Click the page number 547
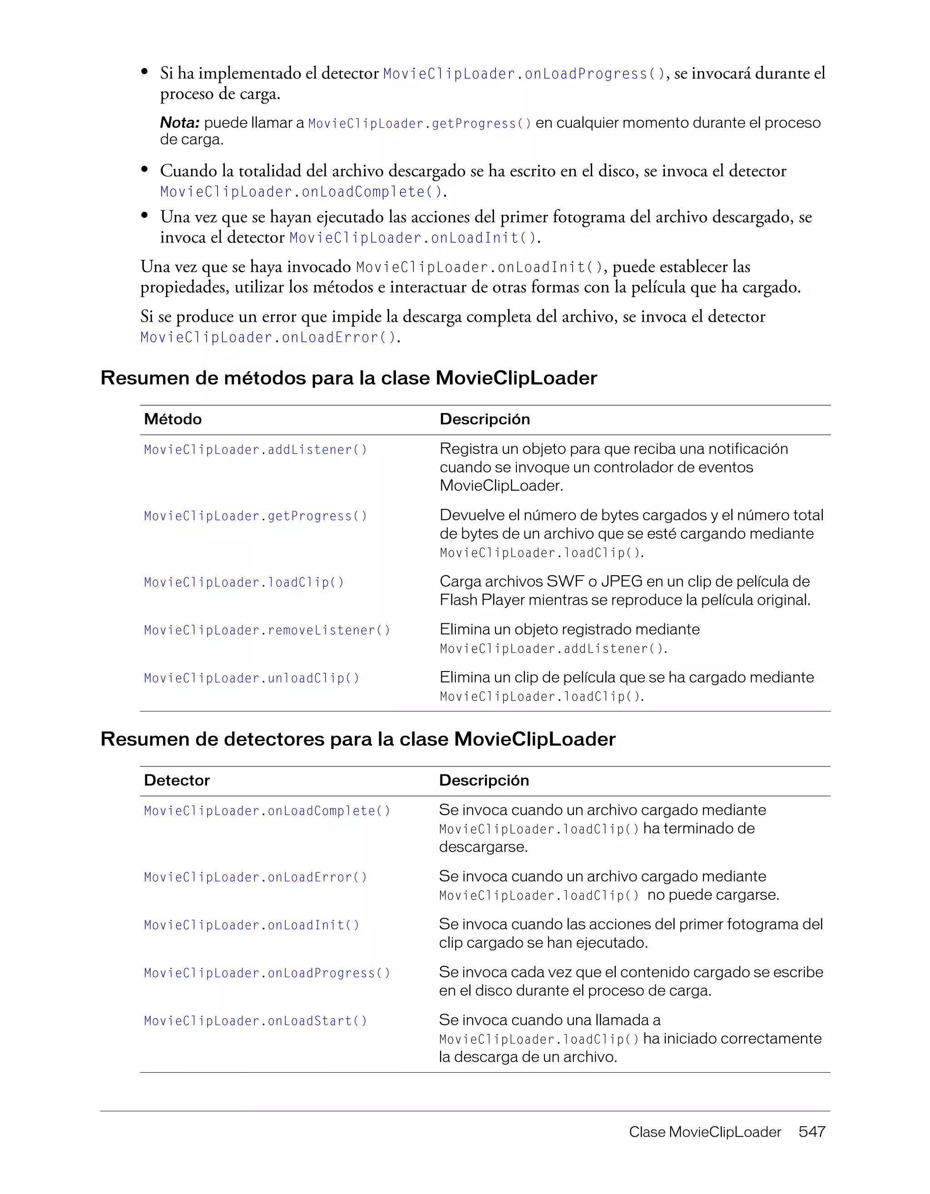click(x=811, y=1132)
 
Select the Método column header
click(x=173, y=419)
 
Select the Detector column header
click(x=177, y=780)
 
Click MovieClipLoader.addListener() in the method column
click(x=255, y=449)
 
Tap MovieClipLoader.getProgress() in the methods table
click(x=255, y=516)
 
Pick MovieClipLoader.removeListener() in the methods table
click(x=267, y=630)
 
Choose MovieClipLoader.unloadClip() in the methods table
click(x=252, y=678)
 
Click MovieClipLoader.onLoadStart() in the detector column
click(x=255, y=1021)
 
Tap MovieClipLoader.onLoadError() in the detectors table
click(x=255, y=877)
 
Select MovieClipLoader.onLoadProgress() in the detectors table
click(x=267, y=973)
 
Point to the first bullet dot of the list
click(x=145, y=72)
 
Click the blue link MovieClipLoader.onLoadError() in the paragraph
click(x=268, y=337)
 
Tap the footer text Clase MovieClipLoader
click(x=705, y=1132)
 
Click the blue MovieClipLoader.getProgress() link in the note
click(x=420, y=124)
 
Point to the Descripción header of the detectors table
click(x=484, y=780)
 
